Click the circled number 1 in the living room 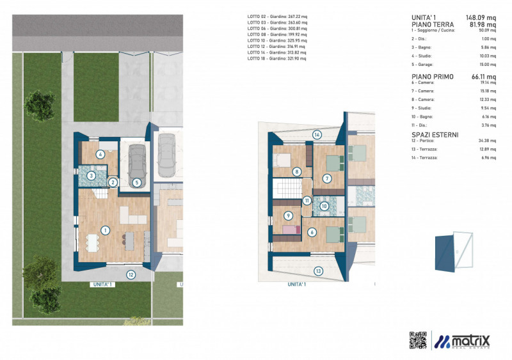(105, 230)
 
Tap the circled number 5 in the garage (137, 182)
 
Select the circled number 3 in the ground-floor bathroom (92, 176)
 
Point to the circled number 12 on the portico (131, 275)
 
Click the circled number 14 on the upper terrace (316, 134)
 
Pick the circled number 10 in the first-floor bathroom (324, 206)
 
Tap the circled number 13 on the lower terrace (318, 270)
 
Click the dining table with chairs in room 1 (93, 243)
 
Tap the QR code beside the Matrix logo (417, 340)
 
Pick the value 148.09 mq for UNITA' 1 (482, 18)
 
